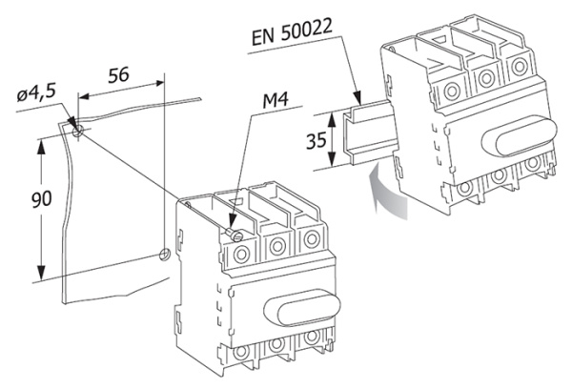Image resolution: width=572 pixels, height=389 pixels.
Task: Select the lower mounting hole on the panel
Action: [x=164, y=255]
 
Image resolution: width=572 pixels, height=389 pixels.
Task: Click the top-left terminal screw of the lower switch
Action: [x=241, y=252]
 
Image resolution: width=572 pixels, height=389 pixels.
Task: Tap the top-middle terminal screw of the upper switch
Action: [x=486, y=76]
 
